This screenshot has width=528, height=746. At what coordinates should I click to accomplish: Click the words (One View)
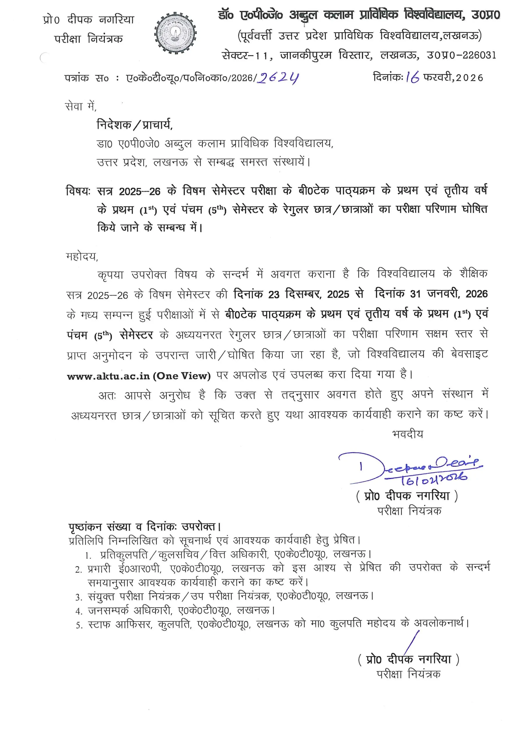tap(181, 376)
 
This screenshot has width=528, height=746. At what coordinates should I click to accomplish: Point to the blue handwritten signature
tap(410, 465)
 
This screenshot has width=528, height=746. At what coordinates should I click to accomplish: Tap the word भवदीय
tap(407, 434)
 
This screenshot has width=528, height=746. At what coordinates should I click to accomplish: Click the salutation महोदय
tap(82, 256)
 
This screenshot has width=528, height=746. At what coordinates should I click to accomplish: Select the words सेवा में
tap(80, 106)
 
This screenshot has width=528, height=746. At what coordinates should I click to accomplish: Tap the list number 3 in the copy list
tap(78, 597)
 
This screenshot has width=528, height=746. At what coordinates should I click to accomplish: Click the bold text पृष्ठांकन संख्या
tap(99, 526)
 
